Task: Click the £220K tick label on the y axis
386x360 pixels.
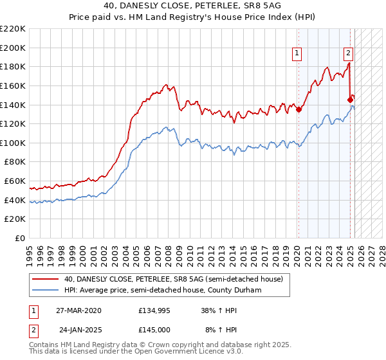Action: click(13, 29)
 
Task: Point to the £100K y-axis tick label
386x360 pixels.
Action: click(13, 143)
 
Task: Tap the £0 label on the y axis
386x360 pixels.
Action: click(20, 238)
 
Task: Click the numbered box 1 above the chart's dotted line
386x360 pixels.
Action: click(298, 53)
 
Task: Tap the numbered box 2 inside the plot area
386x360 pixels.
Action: click(348, 53)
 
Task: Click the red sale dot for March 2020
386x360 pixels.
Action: click(299, 109)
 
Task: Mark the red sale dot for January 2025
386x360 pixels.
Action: click(351, 100)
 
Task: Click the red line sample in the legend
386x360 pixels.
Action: click(46, 279)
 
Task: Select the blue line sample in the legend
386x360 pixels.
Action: click(46, 290)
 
